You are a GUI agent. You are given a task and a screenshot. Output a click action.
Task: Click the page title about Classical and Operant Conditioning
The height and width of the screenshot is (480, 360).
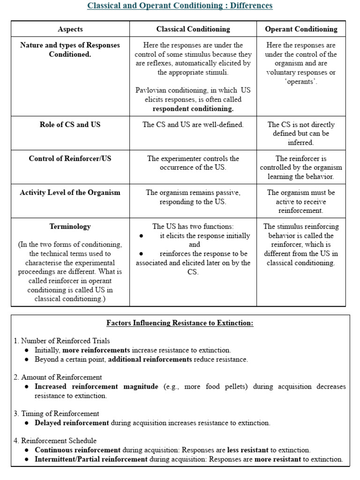(x=180, y=6)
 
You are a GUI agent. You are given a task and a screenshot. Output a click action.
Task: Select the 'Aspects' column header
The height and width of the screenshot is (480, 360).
(x=70, y=29)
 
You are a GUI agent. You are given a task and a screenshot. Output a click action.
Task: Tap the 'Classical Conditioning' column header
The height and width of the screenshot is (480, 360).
(x=193, y=29)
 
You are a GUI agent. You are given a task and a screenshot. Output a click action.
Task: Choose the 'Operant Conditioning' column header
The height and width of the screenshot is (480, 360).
(x=301, y=29)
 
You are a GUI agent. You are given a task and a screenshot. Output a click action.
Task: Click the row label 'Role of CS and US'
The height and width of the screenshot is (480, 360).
(x=70, y=125)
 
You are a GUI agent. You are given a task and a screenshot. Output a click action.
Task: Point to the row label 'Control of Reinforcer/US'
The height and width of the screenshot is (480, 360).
(x=70, y=158)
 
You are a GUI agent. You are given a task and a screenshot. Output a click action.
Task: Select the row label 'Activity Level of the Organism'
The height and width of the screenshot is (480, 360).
(x=70, y=192)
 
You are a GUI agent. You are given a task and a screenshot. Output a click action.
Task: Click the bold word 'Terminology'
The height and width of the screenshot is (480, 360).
(x=70, y=226)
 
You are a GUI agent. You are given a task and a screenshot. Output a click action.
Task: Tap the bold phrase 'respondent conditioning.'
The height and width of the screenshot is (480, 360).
(x=193, y=109)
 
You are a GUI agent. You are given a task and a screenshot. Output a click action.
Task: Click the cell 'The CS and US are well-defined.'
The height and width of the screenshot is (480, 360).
(x=193, y=125)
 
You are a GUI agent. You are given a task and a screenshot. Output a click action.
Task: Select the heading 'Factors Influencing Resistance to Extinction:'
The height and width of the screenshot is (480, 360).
(x=180, y=323)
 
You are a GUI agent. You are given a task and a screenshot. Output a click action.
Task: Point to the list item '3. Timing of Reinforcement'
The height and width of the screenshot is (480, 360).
(x=56, y=413)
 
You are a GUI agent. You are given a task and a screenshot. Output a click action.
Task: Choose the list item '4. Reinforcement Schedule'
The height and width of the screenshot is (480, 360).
(x=55, y=441)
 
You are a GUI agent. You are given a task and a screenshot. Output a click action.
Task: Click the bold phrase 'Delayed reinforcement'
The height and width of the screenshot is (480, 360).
(x=72, y=423)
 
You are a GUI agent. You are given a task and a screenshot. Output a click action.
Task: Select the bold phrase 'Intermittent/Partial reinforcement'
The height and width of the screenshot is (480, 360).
(x=91, y=459)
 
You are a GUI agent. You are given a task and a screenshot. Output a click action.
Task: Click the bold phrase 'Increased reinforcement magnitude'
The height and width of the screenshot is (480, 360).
(x=97, y=387)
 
